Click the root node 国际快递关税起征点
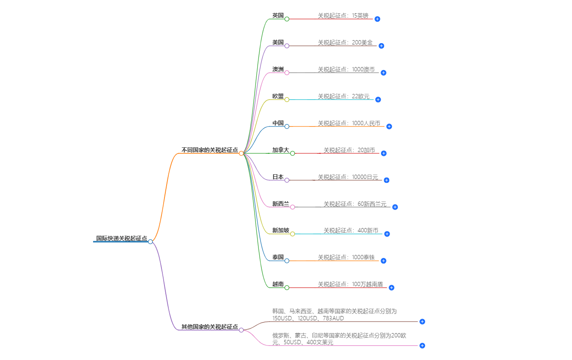121,238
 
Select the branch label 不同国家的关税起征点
209,150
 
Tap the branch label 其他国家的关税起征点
209,327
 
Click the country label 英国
278,15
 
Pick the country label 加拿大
281,150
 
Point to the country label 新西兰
281,204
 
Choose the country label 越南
278,284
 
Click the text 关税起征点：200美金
345,42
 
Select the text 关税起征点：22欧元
343,96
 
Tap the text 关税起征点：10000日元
348,177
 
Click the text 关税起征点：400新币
351,231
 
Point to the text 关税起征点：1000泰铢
346,257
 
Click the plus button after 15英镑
377,19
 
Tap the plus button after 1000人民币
389,126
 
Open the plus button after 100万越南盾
391,288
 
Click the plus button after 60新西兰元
395,207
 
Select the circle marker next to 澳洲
287,73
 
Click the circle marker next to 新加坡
293,234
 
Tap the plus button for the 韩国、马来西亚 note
422,322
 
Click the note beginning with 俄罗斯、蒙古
339,339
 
